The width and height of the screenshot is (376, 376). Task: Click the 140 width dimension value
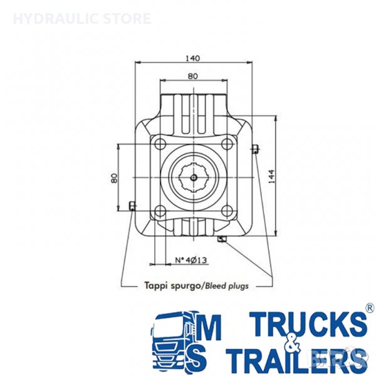point(192,58)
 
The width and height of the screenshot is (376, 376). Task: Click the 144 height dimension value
point(271,177)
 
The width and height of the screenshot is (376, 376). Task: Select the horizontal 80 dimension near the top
point(193,76)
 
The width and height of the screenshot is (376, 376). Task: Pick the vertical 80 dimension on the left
point(115,178)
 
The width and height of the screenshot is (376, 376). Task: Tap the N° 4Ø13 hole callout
point(191,260)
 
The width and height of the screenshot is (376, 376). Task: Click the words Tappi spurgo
point(172,286)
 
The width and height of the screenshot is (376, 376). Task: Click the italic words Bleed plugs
point(226,286)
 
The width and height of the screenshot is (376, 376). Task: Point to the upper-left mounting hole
point(160,144)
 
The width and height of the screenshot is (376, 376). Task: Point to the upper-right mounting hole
point(227,144)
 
